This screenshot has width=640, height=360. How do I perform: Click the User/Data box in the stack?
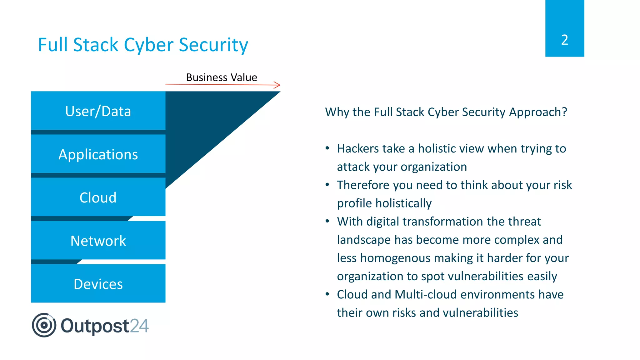tap(98, 111)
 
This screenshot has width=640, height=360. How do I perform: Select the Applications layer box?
tap(98, 154)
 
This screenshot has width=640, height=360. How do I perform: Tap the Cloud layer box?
tap(98, 197)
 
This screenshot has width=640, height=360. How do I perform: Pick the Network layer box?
tap(98, 240)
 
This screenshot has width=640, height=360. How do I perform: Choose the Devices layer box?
tap(98, 283)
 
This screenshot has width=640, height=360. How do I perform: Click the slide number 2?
tap(564, 40)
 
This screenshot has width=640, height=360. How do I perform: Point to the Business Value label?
tap(222, 77)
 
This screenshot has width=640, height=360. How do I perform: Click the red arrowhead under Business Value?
tap(277, 85)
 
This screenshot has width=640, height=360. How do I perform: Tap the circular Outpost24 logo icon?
tap(44, 325)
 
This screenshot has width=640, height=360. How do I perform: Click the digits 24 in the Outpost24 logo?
tap(139, 326)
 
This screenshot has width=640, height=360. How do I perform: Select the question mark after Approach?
tap(564, 112)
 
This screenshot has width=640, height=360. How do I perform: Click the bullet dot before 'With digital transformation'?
tap(327, 221)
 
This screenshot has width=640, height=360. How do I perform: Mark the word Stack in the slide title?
tap(96, 45)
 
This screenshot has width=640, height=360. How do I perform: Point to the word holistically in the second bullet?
tap(403, 203)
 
